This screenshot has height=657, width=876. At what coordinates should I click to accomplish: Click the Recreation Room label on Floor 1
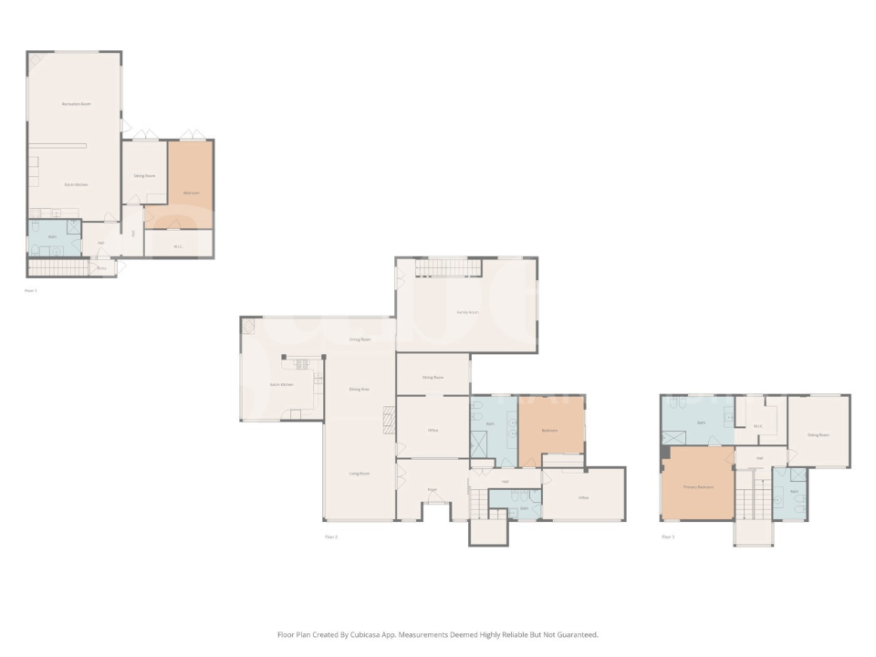pyautogui.click(x=76, y=105)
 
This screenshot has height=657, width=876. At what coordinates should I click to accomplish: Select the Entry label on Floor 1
pyautogui.click(x=102, y=268)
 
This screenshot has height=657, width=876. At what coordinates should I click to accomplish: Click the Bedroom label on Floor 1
pyautogui.click(x=192, y=193)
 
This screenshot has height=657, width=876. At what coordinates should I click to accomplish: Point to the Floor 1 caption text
pyautogui.click(x=31, y=290)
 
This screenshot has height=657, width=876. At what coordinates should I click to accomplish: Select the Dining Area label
pyautogui.click(x=359, y=390)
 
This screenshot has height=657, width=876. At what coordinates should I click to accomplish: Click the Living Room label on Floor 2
pyautogui.click(x=359, y=474)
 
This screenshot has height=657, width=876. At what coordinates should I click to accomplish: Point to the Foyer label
pyautogui.click(x=433, y=490)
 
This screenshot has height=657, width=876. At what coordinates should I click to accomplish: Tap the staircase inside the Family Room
pyautogui.click(x=447, y=266)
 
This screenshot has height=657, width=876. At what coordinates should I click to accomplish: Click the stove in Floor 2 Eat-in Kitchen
pyautogui.click(x=303, y=364)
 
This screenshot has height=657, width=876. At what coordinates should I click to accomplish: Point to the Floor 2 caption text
pyautogui.click(x=331, y=537)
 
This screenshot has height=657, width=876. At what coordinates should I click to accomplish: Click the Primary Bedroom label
pyautogui.click(x=698, y=487)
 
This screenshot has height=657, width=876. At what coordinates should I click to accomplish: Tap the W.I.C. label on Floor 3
pyautogui.click(x=757, y=425)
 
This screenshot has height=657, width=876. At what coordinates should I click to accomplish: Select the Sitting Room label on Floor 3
pyautogui.click(x=819, y=434)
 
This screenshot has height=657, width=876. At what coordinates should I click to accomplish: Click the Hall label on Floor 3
pyautogui.click(x=759, y=458)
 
